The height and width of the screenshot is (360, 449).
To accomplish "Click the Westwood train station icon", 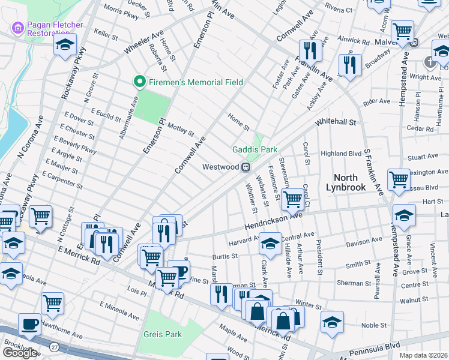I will click(246, 167).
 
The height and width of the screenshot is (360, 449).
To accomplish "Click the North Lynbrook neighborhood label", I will click(345, 182).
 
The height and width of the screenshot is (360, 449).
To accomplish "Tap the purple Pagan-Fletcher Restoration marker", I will click(17, 28).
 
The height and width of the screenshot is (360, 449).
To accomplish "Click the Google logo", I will click(19, 352).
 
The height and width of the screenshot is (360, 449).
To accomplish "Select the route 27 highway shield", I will click(54, 347).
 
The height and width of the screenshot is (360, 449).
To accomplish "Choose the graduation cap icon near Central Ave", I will click(270, 243).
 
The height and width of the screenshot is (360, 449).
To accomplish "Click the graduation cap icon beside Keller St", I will click(65, 45).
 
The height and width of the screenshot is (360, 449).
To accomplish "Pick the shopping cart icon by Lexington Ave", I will click(399, 179).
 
